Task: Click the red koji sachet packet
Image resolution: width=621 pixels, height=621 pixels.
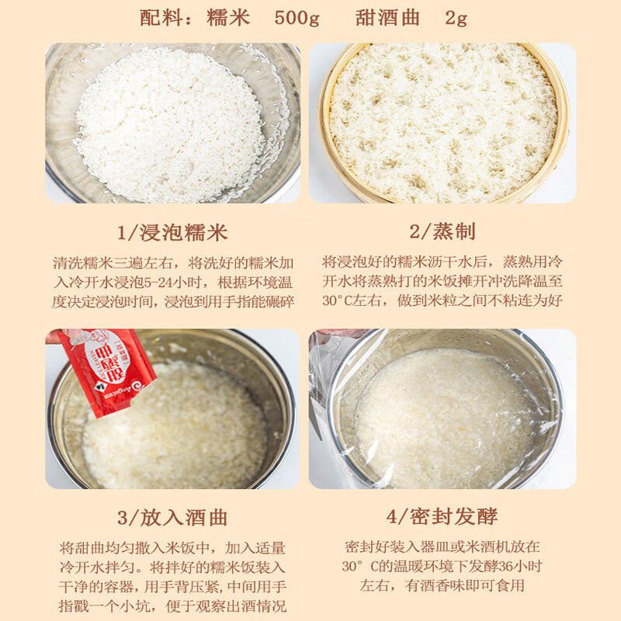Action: click(106, 372)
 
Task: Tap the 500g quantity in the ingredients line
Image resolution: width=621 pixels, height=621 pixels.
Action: click(297, 18)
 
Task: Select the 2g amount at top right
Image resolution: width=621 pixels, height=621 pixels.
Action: click(456, 18)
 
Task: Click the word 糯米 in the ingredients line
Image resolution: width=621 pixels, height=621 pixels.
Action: click(228, 18)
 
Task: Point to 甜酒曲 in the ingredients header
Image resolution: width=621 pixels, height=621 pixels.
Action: click(387, 18)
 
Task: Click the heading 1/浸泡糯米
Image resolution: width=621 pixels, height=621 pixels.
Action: click(172, 232)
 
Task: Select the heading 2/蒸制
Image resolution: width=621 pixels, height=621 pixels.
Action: click(442, 231)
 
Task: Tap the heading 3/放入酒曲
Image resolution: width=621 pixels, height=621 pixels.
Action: click(172, 518)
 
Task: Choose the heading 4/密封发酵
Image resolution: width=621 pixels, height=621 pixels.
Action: click(442, 516)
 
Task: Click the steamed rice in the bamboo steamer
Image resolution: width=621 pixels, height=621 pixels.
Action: click(443, 123)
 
